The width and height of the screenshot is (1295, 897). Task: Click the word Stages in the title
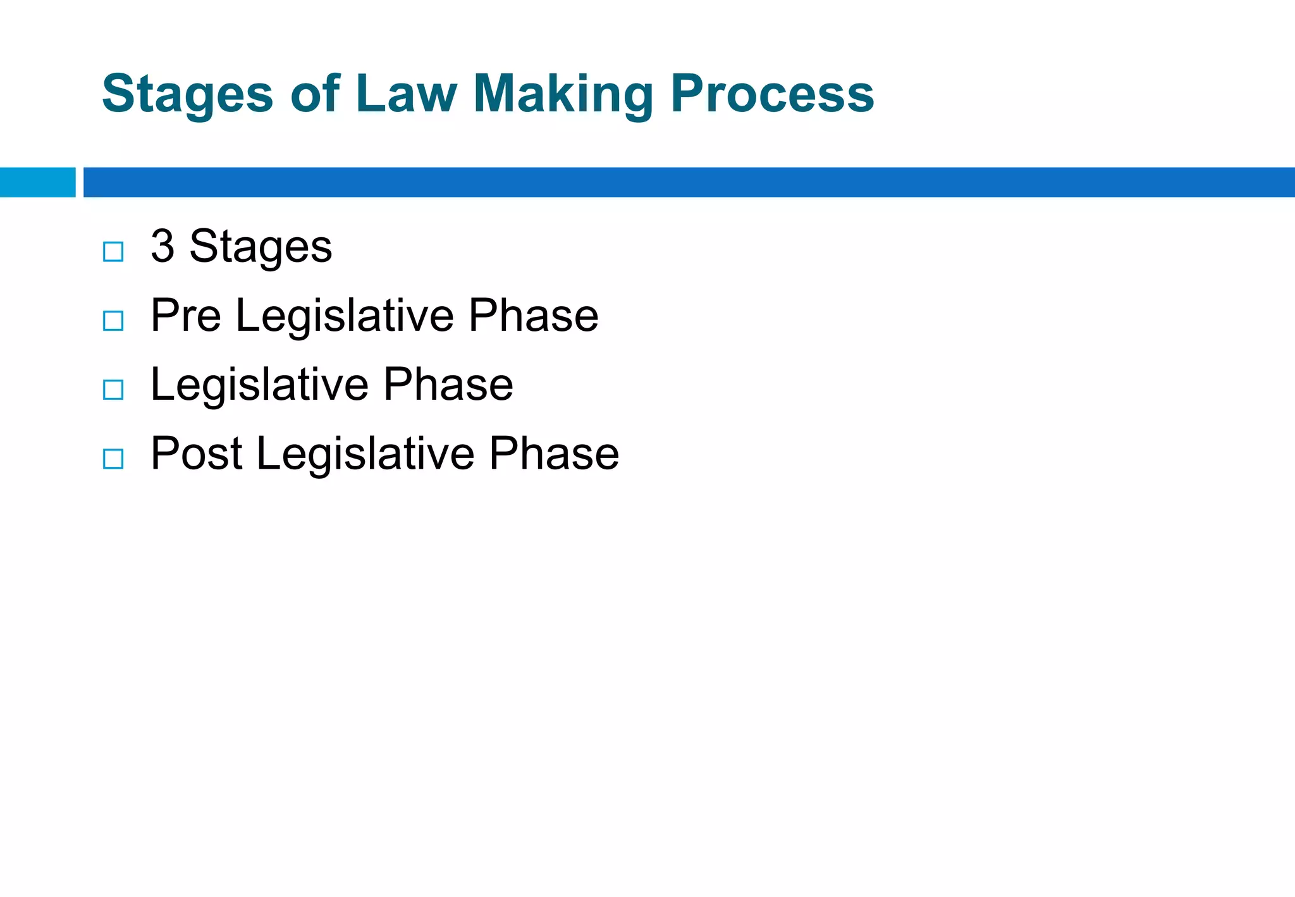pos(187,95)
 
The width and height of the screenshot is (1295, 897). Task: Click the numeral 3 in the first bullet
pos(163,246)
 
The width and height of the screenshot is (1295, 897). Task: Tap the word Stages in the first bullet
pos(261,247)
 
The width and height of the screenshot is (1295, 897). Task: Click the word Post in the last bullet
pos(196,454)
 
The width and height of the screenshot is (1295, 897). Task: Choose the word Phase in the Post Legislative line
pos(554,454)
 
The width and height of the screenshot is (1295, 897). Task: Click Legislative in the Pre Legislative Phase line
pos(345,316)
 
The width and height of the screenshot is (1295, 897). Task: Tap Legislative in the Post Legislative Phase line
pos(365,455)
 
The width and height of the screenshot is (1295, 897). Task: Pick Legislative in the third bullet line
pos(260,385)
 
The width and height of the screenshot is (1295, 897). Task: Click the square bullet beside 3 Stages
pos(113,252)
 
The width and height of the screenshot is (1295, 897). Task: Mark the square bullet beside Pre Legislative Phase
pos(113,321)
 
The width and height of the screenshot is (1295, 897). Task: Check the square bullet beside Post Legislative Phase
pos(113,459)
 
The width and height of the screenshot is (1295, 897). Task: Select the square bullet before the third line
pos(113,390)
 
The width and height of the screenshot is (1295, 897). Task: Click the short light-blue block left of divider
pos(37,182)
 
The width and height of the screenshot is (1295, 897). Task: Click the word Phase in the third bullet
pos(448,385)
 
